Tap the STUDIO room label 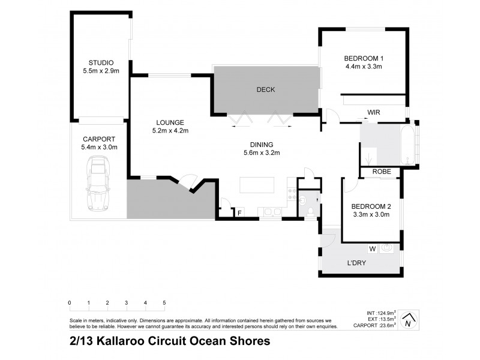[100, 62]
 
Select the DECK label [265, 90]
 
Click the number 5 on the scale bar [164, 302]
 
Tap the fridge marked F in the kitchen [239, 212]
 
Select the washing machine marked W [371, 247]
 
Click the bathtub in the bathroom [409, 144]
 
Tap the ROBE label [382, 171]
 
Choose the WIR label [374, 112]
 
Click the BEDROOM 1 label [364, 58]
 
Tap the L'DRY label [357, 263]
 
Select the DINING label [262, 144]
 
